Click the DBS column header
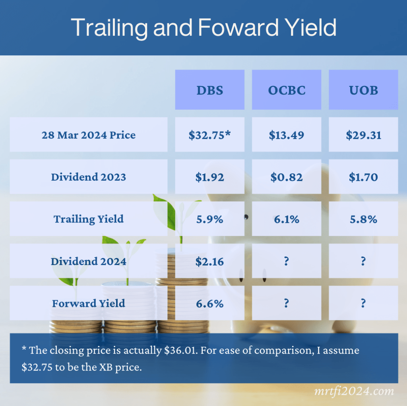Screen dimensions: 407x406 (x=210, y=90)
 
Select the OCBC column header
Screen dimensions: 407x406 (x=287, y=90)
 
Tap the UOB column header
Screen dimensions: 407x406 (x=363, y=90)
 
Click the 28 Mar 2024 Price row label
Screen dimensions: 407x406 (x=89, y=135)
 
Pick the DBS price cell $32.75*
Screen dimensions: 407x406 (x=209, y=135)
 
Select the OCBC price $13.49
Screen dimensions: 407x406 (x=287, y=135)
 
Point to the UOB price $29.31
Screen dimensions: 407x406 (x=363, y=135)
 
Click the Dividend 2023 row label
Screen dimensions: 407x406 (x=89, y=177)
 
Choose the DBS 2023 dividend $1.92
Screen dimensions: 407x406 (x=209, y=177)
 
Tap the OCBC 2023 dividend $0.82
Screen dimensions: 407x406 (x=287, y=177)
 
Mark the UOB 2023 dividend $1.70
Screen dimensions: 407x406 (x=363, y=177)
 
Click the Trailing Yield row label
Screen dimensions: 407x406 (x=89, y=219)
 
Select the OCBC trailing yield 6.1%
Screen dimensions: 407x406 (x=287, y=219)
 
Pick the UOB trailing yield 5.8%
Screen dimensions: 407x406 (x=363, y=219)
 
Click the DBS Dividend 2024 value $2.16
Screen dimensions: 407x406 (x=209, y=262)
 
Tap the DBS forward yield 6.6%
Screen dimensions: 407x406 (x=210, y=304)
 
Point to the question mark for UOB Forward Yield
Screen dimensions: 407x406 (x=363, y=303)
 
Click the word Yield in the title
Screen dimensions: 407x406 (x=310, y=27)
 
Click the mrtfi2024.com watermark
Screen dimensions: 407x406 (x=354, y=391)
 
